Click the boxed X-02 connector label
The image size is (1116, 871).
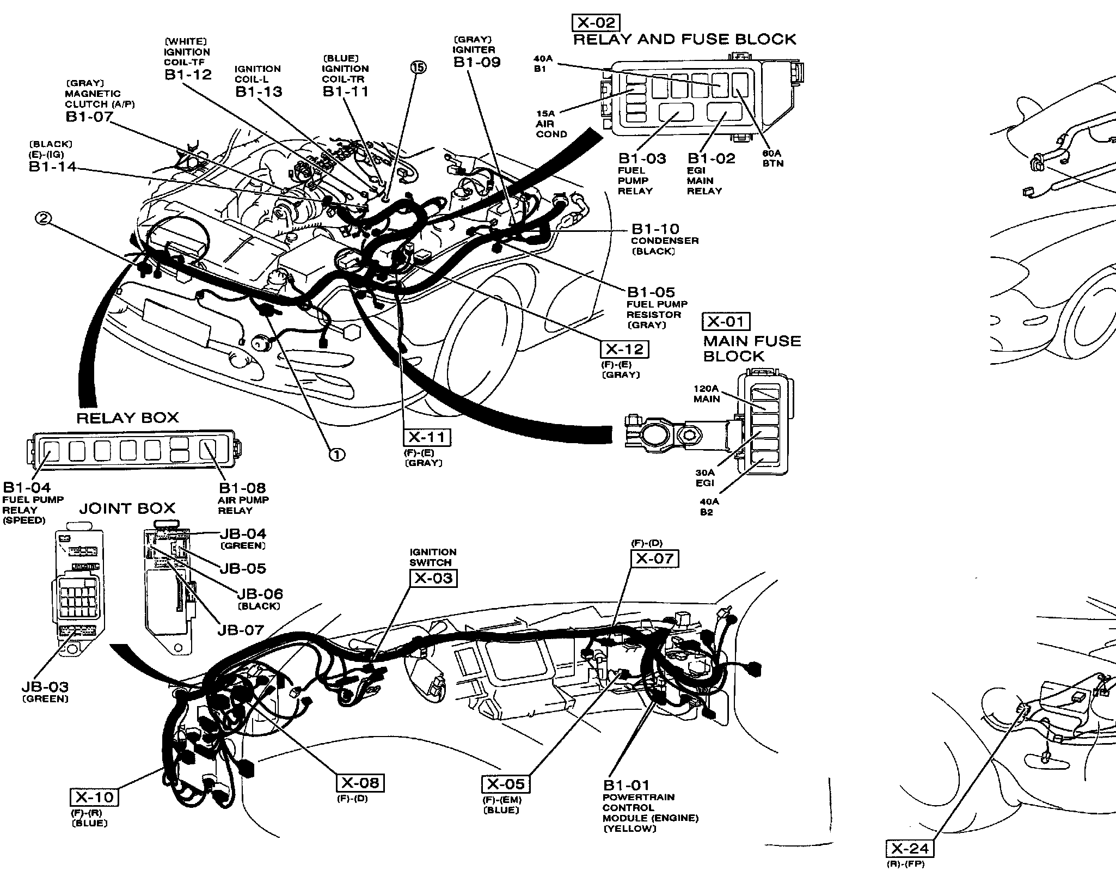596,22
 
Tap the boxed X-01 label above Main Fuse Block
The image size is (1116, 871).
726,322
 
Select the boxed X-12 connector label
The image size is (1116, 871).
625,349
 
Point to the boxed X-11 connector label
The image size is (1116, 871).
427,437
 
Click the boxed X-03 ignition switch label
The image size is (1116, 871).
433,578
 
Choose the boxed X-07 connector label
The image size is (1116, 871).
654,558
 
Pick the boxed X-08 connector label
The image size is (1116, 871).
360,783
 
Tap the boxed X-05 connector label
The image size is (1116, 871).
505,784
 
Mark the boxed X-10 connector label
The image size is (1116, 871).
94,797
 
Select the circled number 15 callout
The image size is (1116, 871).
418,67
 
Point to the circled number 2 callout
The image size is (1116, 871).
44,218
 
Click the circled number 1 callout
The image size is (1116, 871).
337,454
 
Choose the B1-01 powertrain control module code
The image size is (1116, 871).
626,785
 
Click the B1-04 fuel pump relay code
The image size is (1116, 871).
27,487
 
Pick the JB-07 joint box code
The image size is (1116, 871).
241,630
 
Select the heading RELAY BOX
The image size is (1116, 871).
127,418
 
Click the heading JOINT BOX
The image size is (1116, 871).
127,508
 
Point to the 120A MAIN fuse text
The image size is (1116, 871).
707,394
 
